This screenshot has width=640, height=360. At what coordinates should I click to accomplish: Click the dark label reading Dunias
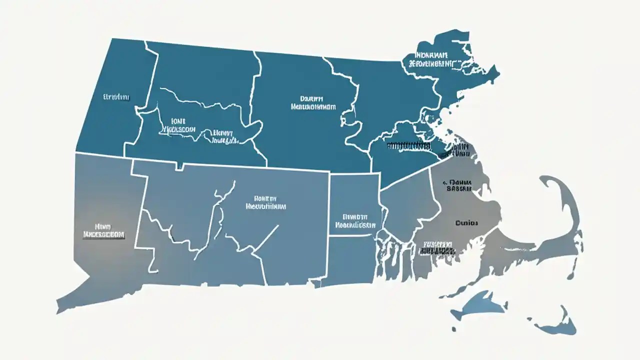pos(467,222)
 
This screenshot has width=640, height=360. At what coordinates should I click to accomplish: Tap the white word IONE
pos(177,120)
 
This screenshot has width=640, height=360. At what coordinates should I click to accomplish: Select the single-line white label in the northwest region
pos(116,96)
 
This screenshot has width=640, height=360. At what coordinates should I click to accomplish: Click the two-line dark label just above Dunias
pos(459,185)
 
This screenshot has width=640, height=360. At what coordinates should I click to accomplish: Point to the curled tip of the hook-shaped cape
pos(545,180)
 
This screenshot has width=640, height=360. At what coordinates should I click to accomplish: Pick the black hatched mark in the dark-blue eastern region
pos(408,146)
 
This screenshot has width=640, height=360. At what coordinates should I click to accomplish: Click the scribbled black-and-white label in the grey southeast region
pos(438,247)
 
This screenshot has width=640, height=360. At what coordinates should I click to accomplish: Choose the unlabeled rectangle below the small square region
pos(351,260)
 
